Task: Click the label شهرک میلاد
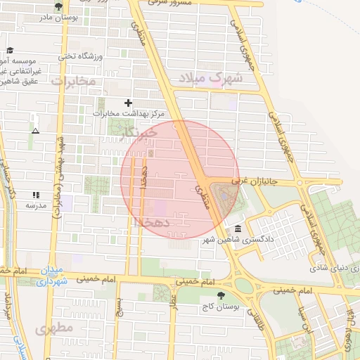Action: [x=210, y=77]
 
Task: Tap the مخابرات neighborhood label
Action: [x=73, y=82]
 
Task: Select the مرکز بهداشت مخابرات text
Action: [x=128, y=113]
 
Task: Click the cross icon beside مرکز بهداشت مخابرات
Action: [x=128, y=103]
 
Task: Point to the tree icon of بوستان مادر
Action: [x=58, y=6]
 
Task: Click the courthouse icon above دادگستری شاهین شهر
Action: [x=238, y=229]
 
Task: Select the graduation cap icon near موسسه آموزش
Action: [x=10, y=50]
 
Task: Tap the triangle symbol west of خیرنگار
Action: [x=35, y=131]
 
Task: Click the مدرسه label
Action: [x=36, y=205]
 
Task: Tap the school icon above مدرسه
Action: [x=36, y=195]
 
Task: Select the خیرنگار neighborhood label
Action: [x=137, y=134]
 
